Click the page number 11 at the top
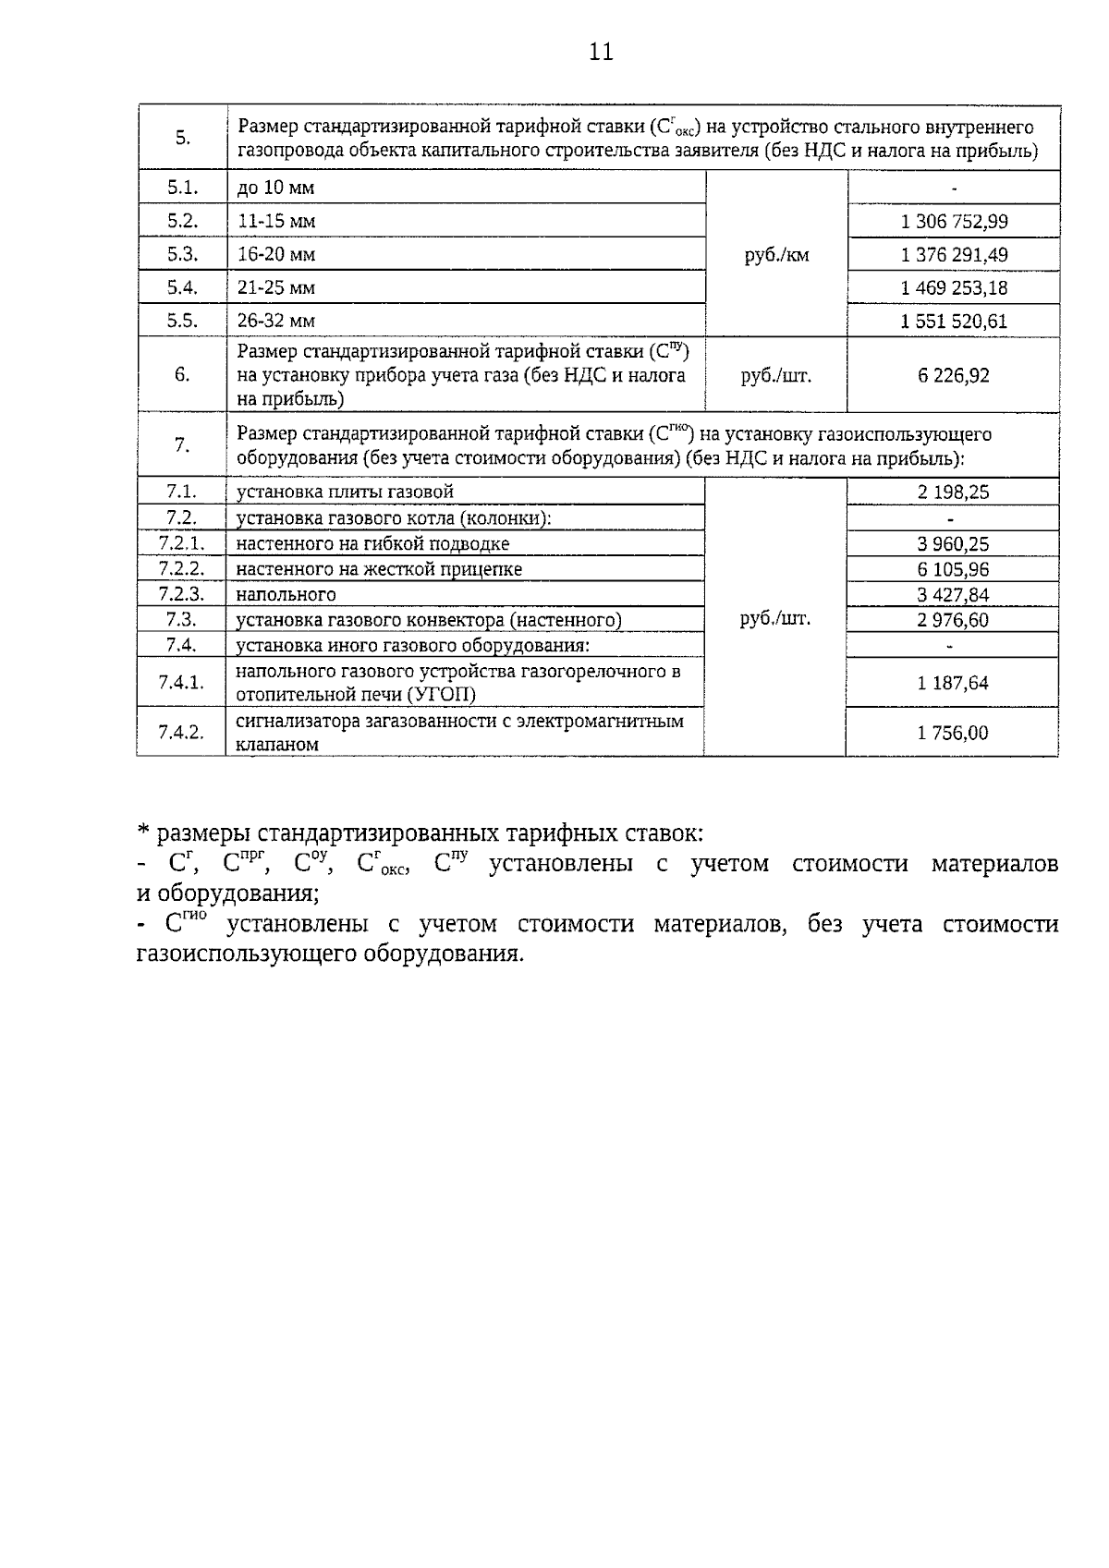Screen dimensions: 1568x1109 click(601, 52)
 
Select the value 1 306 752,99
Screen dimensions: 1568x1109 click(954, 222)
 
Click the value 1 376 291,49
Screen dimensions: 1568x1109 click(954, 255)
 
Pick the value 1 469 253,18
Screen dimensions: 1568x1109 click(954, 288)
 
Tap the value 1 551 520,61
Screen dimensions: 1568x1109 click(954, 322)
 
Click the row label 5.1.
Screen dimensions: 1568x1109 click(183, 188)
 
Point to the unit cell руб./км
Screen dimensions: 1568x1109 click(776, 255)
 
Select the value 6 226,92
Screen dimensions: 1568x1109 click(954, 375)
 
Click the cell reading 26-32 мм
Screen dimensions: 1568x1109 click(276, 322)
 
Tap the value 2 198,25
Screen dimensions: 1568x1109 click(953, 492)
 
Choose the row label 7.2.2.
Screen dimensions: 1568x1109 click(181, 569)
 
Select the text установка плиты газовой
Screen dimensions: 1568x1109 click(345, 492)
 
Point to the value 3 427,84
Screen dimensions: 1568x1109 click(953, 595)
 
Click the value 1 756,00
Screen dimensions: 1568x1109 click(953, 733)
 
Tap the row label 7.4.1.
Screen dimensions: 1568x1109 click(181, 683)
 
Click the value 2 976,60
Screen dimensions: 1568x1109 click(953, 620)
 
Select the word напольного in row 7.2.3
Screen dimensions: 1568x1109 click(286, 595)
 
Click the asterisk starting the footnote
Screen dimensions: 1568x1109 click(143, 832)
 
